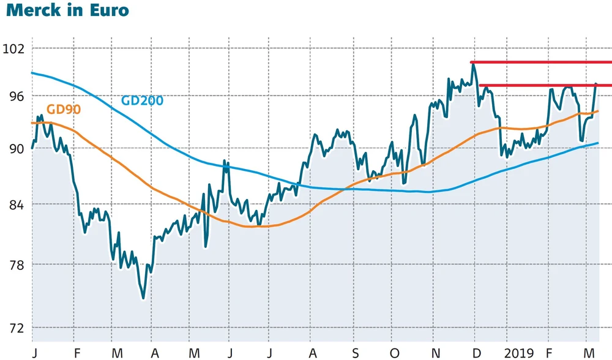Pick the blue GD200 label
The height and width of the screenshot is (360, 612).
coord(142,100)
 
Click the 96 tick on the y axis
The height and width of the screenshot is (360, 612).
coord(15,96)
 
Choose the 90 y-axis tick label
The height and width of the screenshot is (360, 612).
coord(15,149)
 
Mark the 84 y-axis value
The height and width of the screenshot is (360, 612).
coord(15,204)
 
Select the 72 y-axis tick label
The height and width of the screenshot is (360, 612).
coord(15,328)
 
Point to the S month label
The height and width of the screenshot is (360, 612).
coord(356,353)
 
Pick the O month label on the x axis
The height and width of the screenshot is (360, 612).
coord(394,353)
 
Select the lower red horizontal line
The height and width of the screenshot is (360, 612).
coord(545,85)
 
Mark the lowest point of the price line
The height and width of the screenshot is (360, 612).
coord(143,298)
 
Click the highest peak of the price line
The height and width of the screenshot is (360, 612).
coord(473,63)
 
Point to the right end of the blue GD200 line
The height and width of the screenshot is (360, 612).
coord(598,143)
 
